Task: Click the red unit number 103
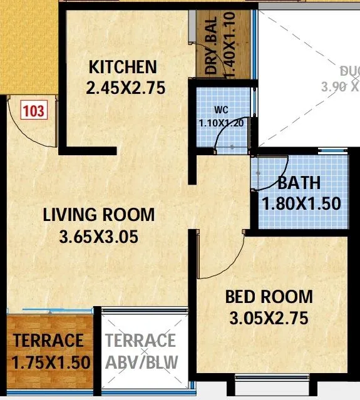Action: point(34,111)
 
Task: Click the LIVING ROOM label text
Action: point(98,215)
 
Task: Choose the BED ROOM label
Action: point(269,297)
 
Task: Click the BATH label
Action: point(299,183)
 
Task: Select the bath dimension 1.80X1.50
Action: point(301,203)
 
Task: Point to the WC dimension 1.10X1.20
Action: point(220,123)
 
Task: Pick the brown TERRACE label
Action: point(48,341)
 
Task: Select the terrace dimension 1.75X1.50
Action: point(50,362)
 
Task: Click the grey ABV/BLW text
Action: point(141,362)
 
